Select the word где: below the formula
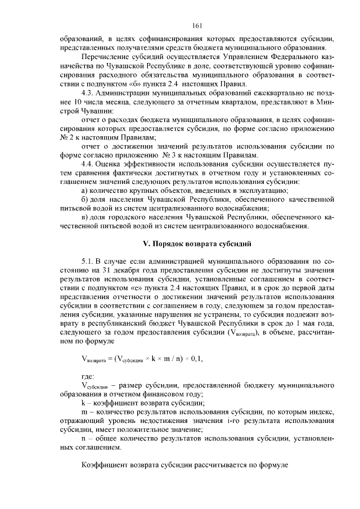coord(88,376)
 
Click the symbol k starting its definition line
coord(83,403)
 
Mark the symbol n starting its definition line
coord(83,439)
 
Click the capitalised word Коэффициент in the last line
coord(106,466)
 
